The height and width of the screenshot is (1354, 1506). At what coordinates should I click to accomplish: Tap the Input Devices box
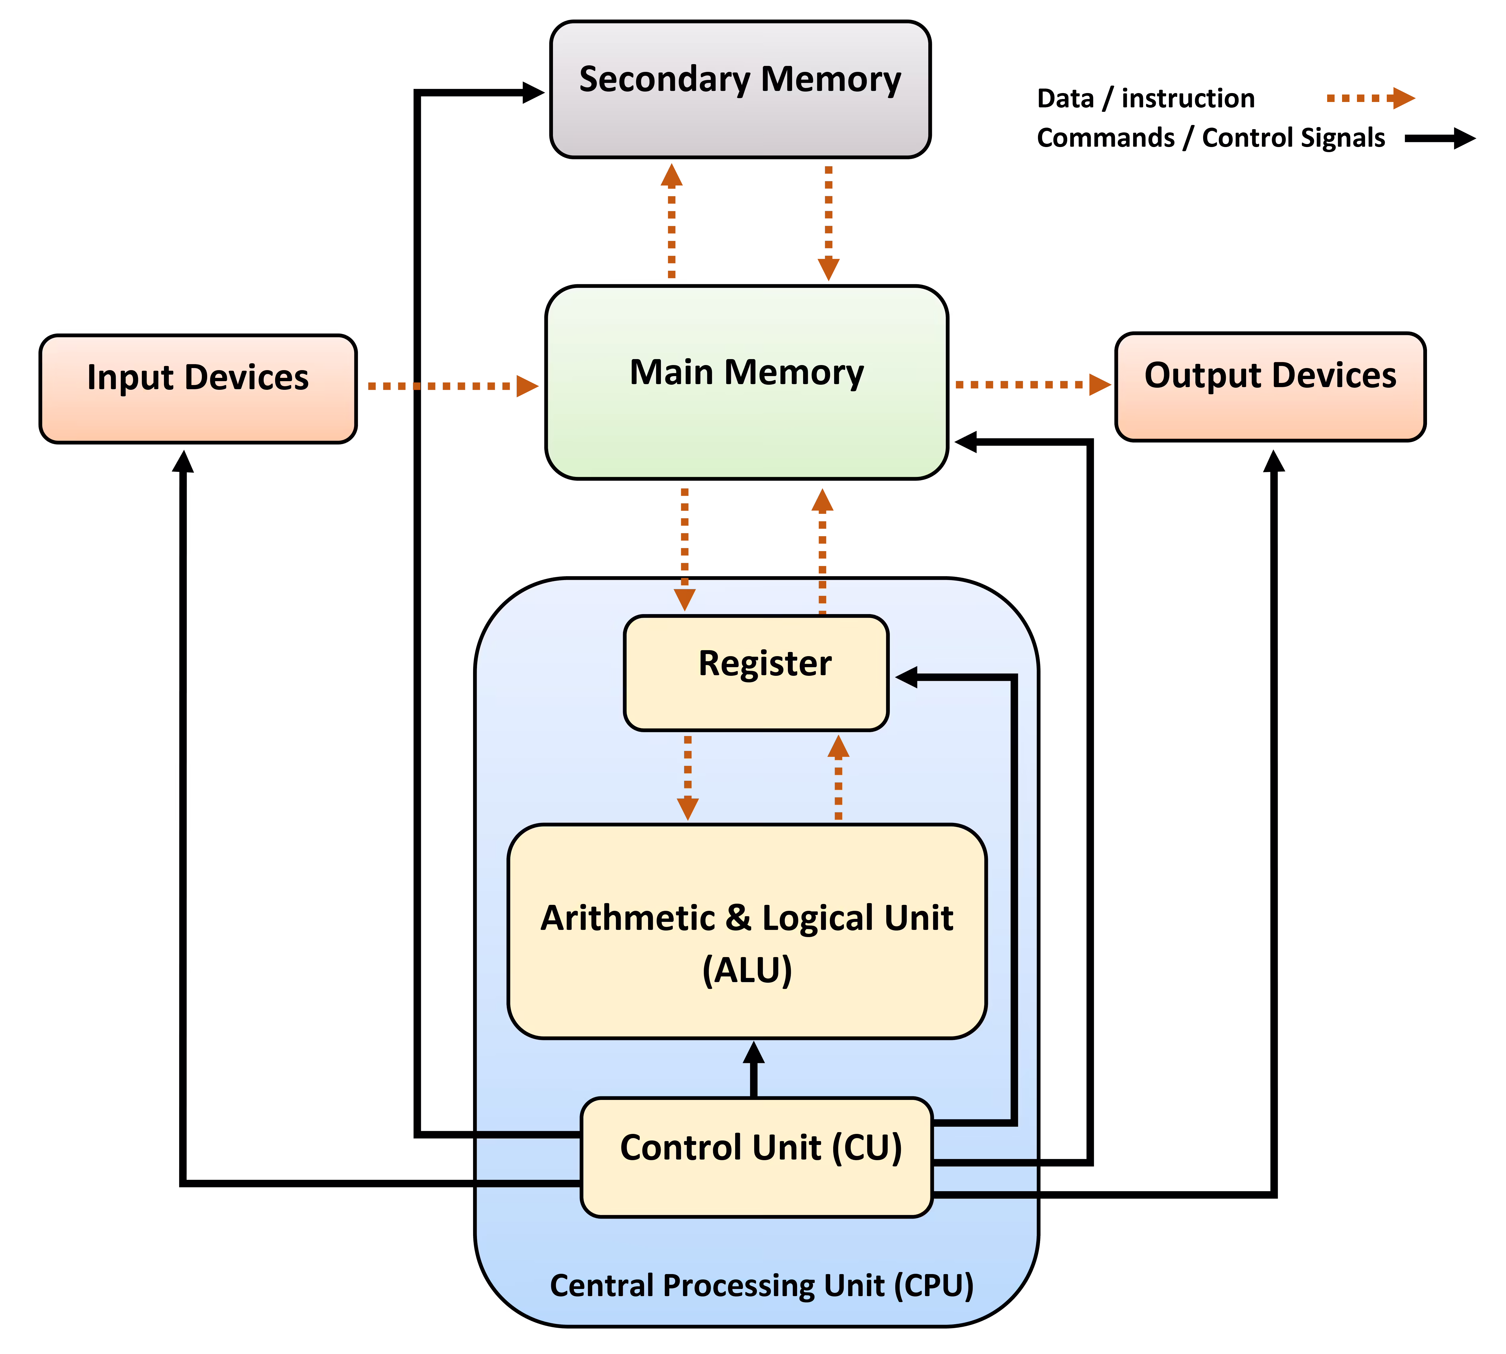coord(198,388)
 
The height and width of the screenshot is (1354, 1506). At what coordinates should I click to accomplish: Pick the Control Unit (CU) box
coord(756,1157)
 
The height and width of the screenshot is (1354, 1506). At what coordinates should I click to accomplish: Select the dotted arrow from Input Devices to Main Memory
coord(452,386)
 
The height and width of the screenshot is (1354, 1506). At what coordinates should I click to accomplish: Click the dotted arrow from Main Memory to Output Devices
coord(1031,385)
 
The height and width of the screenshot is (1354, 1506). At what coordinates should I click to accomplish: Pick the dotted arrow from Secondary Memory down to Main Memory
coord(828,223)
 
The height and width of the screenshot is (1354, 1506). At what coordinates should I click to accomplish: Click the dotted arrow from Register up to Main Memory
coord(822,551)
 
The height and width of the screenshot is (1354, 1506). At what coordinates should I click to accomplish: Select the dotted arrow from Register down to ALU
coord(688,778)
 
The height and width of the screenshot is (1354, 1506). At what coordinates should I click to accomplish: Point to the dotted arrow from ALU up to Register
coord(838,778)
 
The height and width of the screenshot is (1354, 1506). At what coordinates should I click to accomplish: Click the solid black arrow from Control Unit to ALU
coord(753,1069)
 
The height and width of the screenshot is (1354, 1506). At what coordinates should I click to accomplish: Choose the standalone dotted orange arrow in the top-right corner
coord(1370,98)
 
